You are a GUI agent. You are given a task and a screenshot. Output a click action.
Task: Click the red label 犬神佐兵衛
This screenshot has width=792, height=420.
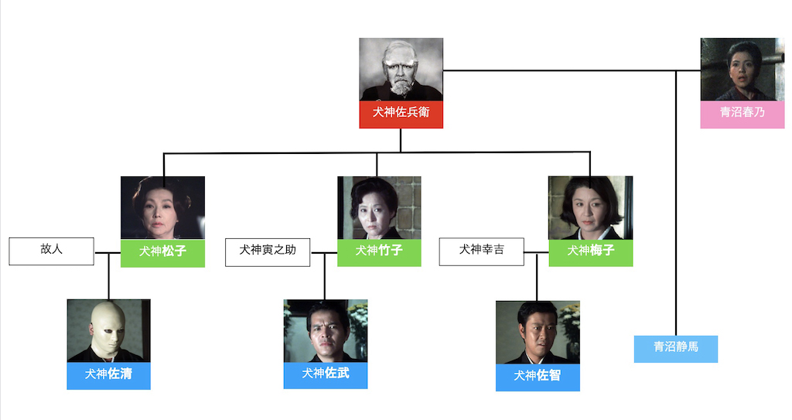point(401,114)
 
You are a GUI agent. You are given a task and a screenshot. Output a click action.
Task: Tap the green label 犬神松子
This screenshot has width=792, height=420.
point(162,253)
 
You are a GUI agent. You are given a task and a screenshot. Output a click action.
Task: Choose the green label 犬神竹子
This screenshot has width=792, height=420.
point(379,252)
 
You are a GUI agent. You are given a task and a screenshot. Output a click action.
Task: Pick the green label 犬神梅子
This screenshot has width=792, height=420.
point(591,252)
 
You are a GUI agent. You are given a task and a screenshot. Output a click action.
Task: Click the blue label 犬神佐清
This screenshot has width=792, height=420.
point(108,375)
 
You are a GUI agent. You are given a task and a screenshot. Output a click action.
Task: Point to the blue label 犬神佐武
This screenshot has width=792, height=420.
point(326,374)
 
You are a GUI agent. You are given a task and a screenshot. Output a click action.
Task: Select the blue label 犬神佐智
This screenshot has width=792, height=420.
point(538,377)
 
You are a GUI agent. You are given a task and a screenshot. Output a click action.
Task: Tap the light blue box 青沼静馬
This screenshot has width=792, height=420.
point(676,348)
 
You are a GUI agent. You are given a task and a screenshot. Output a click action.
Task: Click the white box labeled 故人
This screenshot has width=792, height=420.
point(51,251)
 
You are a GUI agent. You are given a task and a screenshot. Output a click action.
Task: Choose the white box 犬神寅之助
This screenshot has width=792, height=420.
point(268,251)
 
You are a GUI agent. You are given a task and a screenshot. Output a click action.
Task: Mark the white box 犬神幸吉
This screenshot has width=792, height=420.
point(481,251)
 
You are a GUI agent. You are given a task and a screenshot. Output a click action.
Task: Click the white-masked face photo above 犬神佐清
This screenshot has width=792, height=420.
point(108,330)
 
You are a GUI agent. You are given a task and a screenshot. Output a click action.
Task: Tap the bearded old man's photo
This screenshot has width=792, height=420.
point(401,69)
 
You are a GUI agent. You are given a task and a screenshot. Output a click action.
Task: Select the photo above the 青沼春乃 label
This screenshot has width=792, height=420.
point(742,69)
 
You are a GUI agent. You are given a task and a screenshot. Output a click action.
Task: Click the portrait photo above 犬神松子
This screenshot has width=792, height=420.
point(162,207)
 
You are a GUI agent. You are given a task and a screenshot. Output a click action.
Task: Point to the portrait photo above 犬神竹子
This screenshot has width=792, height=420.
point(379,207)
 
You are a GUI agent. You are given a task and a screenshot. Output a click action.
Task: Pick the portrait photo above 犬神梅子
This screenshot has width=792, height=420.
point(591,207)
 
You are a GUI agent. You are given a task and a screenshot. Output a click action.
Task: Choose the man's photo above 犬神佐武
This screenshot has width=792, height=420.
point(326,330)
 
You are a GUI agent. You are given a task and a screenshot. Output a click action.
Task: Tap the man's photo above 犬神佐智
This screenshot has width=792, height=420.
point(538,332)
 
